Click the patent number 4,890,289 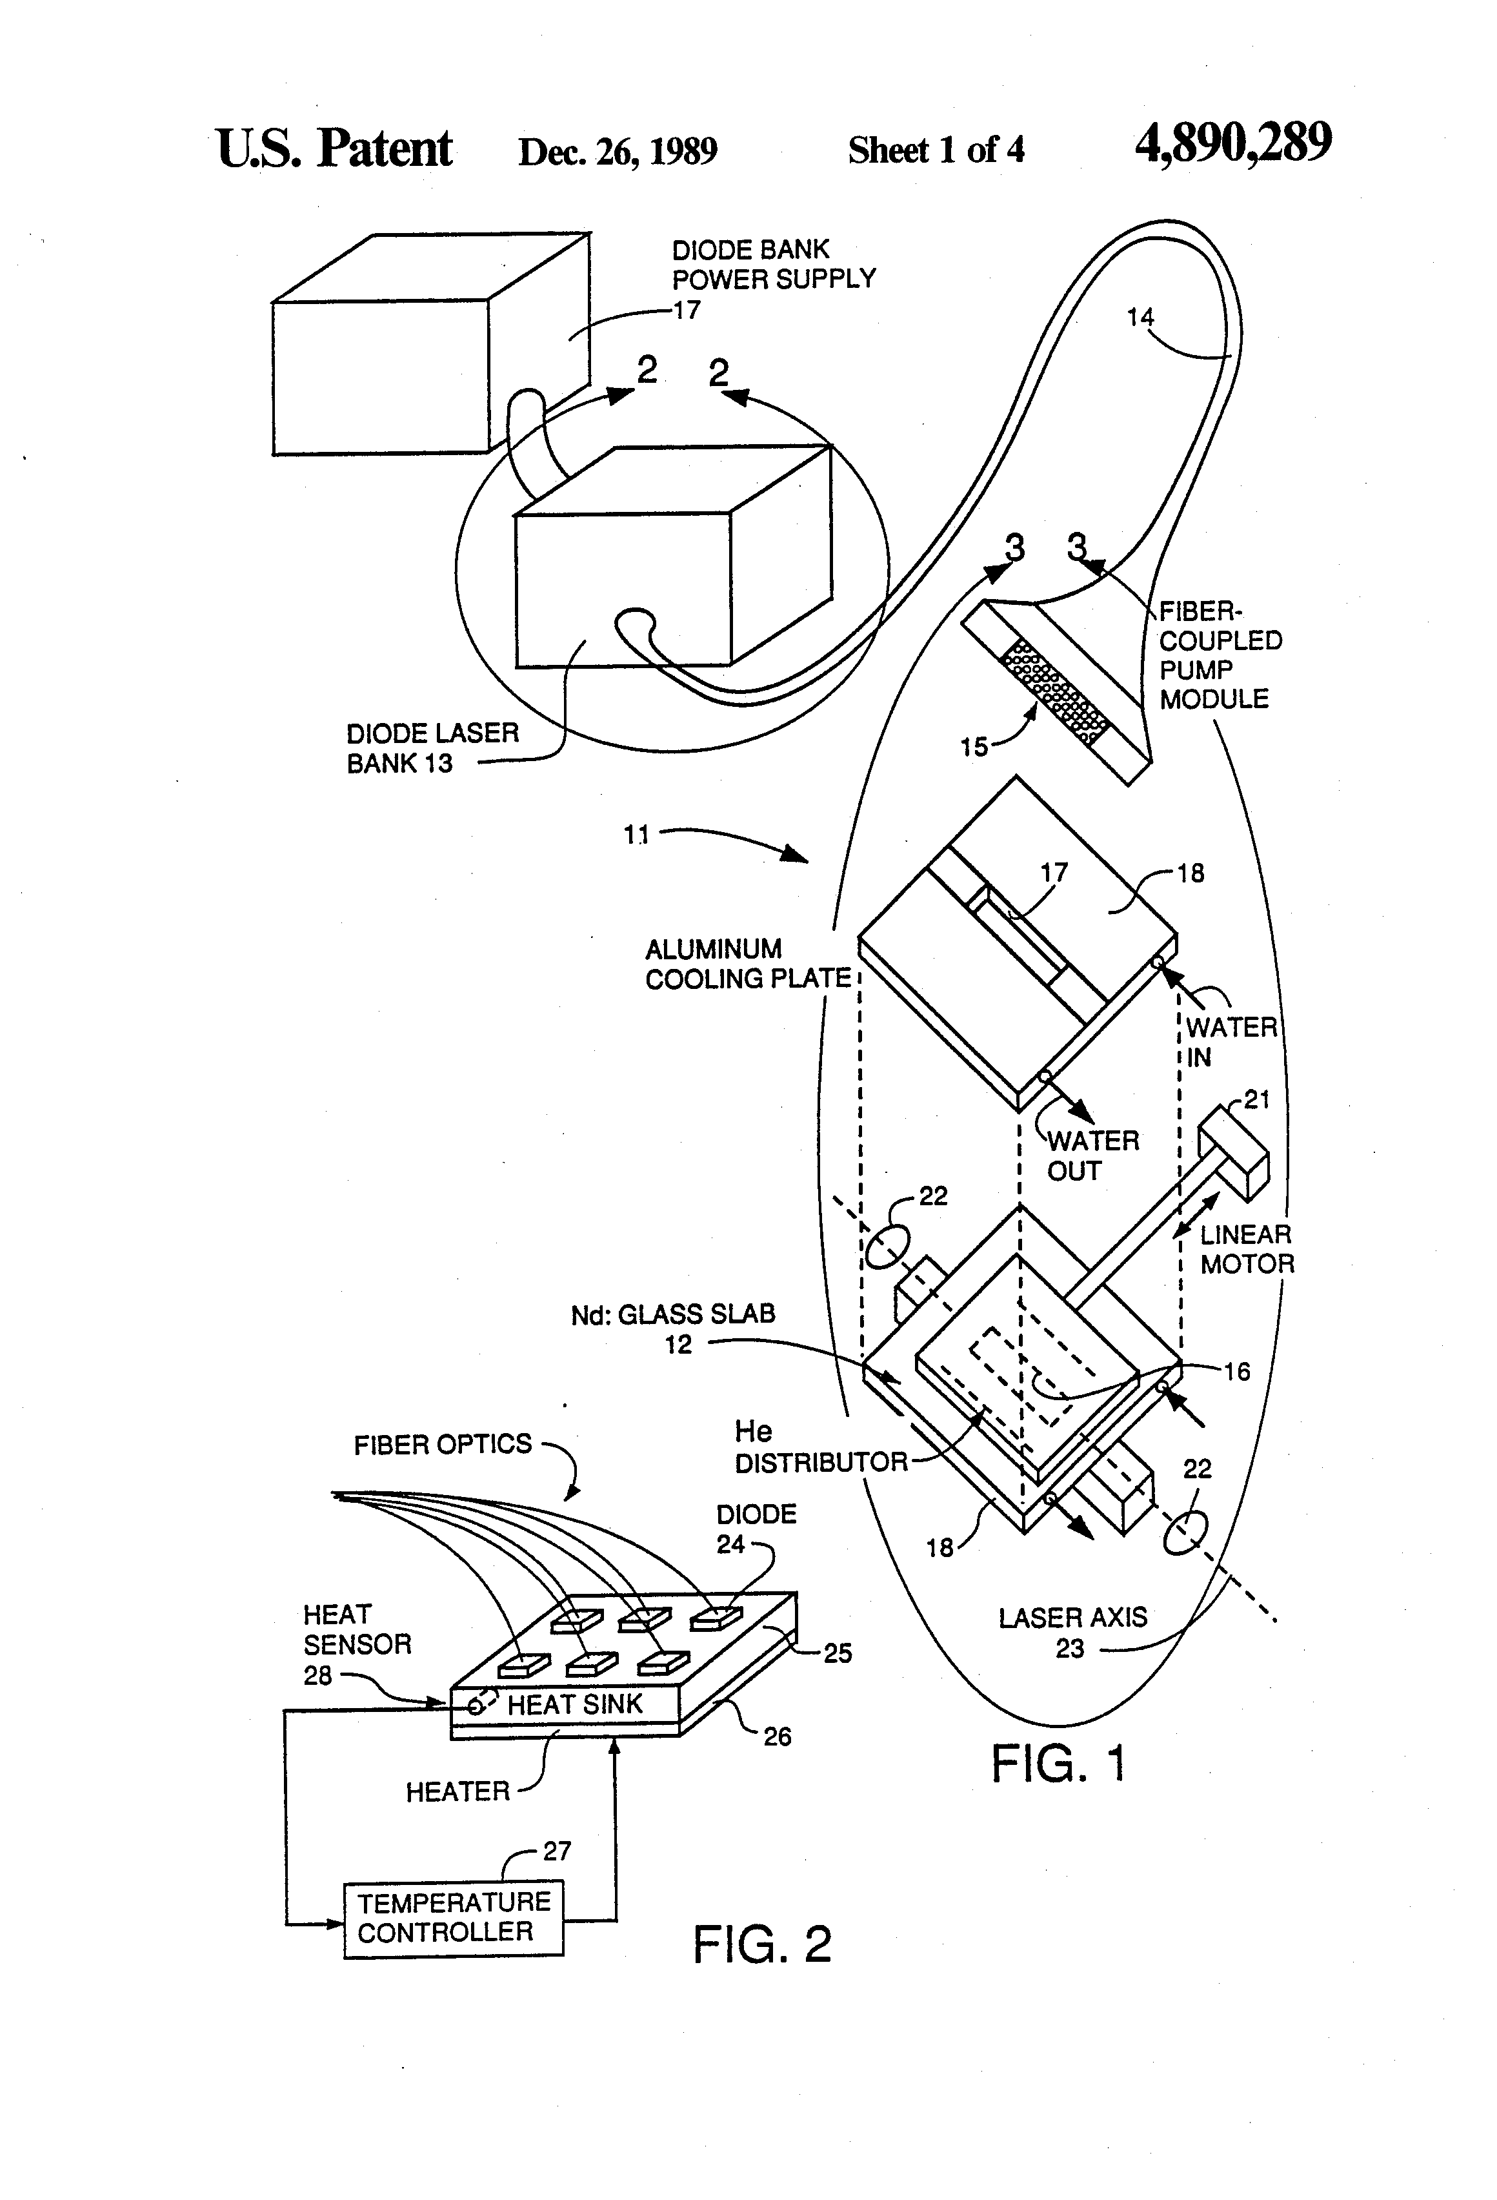click(x=1233, y=144)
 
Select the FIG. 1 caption click(x=1058, y=1764)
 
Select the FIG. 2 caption click(x=762, y=1944)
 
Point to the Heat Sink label click(x=574, y=1704)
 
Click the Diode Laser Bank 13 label click(x=432, y=748)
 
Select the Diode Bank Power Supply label click(x=773, y=264)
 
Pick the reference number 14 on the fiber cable click(x=1140, y=317)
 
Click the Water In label click(x=1230, y=1041)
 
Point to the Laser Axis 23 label click(x=1072, y=1632)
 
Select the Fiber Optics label click(x=442, y=1445)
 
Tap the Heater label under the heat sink click(x=457, y=1791)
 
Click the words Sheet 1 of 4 click(x=935, y=150)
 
